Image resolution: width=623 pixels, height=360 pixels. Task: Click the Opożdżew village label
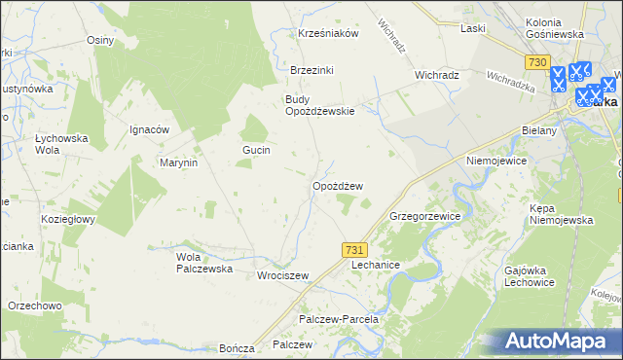338,186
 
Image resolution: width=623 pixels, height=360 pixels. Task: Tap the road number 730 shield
535,61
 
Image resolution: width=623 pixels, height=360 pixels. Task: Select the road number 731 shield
355,250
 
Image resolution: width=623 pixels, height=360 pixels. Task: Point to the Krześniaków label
329,33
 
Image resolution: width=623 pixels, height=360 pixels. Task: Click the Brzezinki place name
311,70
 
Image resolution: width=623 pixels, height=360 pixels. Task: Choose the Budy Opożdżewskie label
319,104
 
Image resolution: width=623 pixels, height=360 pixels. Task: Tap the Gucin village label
256,150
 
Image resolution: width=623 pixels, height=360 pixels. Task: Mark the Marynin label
179,162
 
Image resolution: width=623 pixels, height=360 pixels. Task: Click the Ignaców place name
150,129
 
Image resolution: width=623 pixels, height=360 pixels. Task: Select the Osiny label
100,41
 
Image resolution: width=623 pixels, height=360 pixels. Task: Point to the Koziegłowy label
67,219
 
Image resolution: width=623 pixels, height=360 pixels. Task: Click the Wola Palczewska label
203,263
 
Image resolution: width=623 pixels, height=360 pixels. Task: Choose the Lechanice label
376,265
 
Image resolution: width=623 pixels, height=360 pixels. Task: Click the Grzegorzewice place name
424,216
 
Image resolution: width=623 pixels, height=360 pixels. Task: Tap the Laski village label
473,28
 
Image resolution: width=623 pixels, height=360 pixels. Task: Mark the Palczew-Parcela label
338,319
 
